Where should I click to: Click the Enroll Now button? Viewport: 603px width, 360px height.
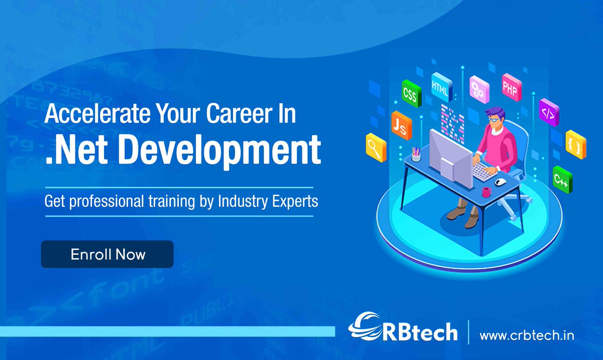pyautogui.click(x=107, y=254)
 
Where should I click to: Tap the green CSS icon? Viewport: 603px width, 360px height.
pyautogui.click(x=410, y=94)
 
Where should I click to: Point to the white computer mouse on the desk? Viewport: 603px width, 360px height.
pyautogui.click(x=500, y=181)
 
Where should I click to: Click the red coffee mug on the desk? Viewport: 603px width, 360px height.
pyautogui.click(x=486, y=192)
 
